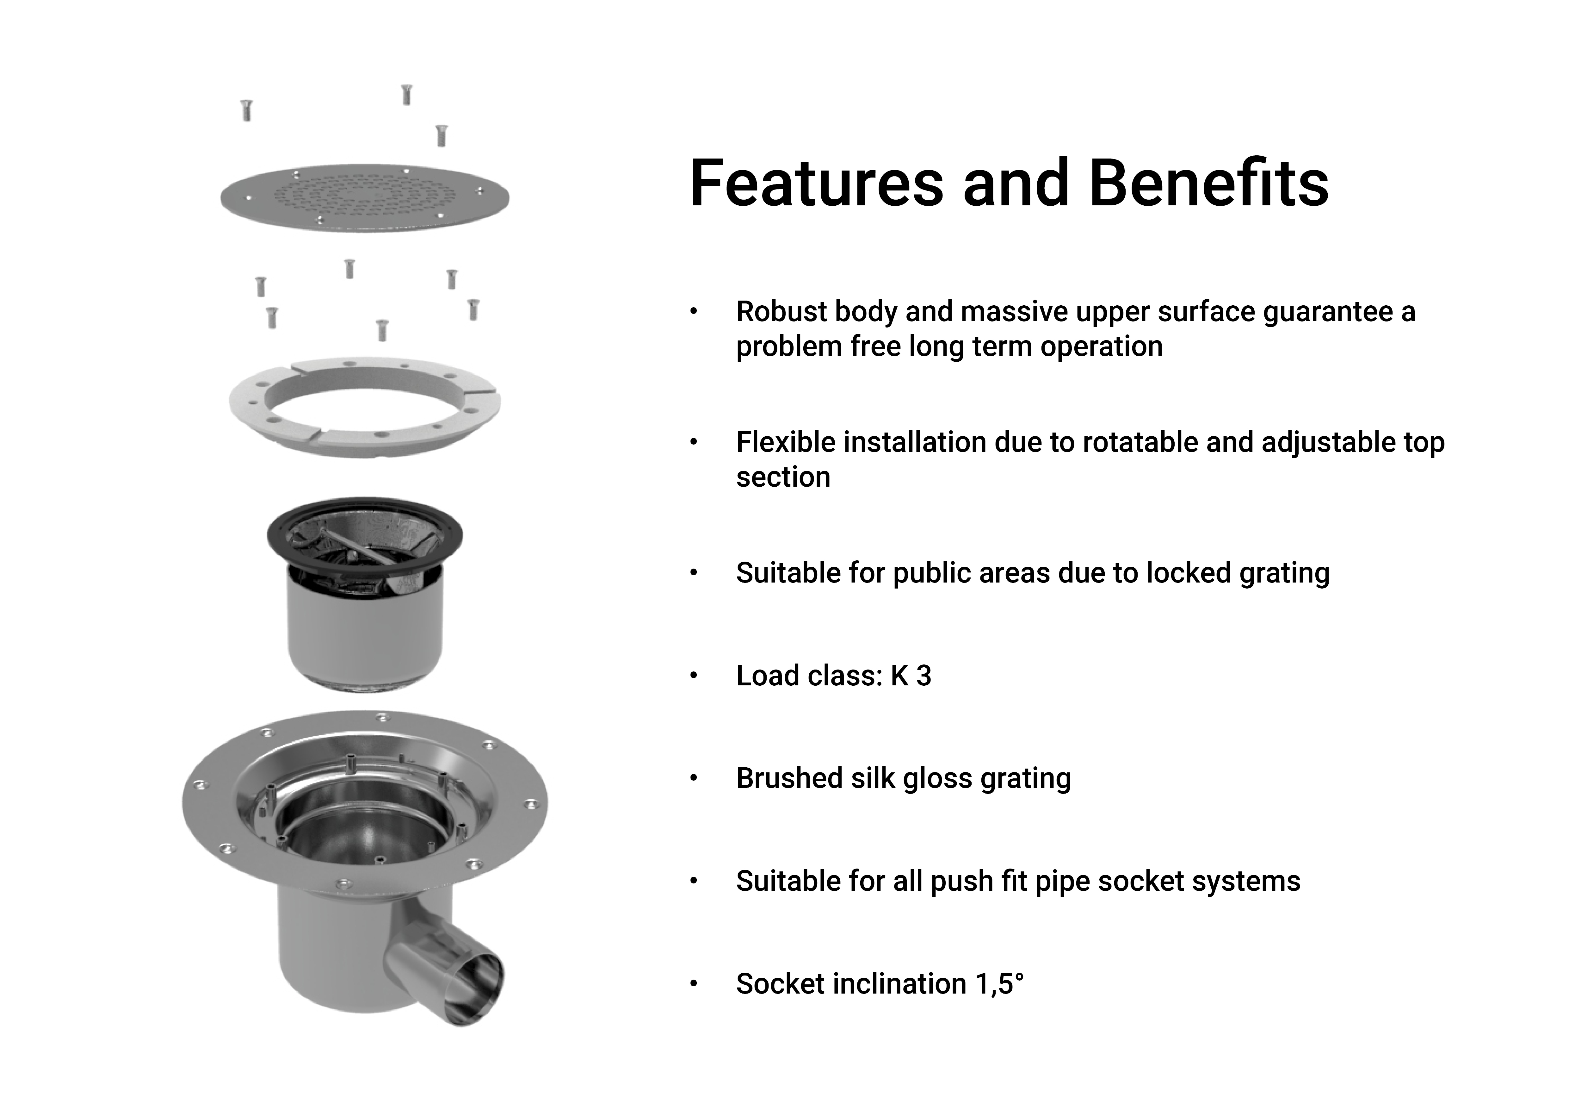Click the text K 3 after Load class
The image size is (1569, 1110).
click(x=911, y=676)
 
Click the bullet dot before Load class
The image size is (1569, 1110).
click(x=694, y=676)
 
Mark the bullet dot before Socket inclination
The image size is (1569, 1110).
click(x=694, y=984)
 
